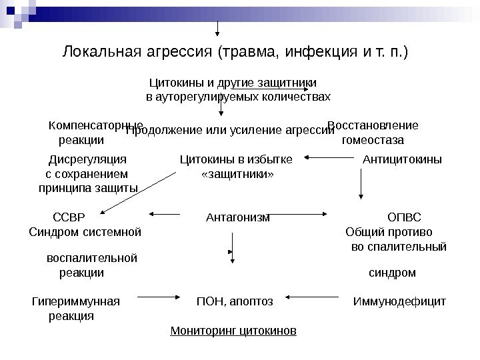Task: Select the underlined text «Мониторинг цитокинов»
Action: tap(234, 331)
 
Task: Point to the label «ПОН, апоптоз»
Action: tap(235, 301)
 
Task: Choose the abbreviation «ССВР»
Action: tap(69, 216)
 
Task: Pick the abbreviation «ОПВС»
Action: tap(404, 216)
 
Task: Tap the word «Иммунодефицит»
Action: tap(399, 301)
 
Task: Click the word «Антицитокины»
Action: tap(402, 159)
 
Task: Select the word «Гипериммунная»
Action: tap(76, 301)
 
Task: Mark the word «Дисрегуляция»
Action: tap(88, 159)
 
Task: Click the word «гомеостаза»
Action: tap(373, 140)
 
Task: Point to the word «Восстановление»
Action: tap(373, 125)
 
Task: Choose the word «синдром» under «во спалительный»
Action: tap(392, 273)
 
